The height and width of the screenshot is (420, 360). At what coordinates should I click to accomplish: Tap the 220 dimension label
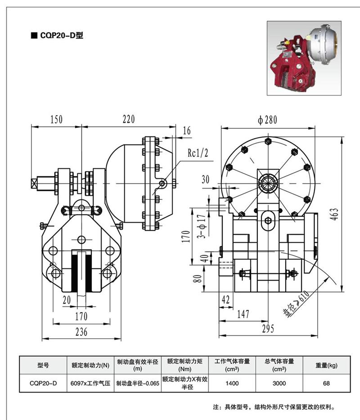(129, 119)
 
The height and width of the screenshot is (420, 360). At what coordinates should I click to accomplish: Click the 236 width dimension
(81, 332)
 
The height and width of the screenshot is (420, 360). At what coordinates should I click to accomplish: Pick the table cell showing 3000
(279, 384)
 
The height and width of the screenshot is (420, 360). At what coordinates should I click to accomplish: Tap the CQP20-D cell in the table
(43, 384)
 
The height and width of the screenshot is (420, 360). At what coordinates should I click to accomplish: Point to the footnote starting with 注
(274, 407)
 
